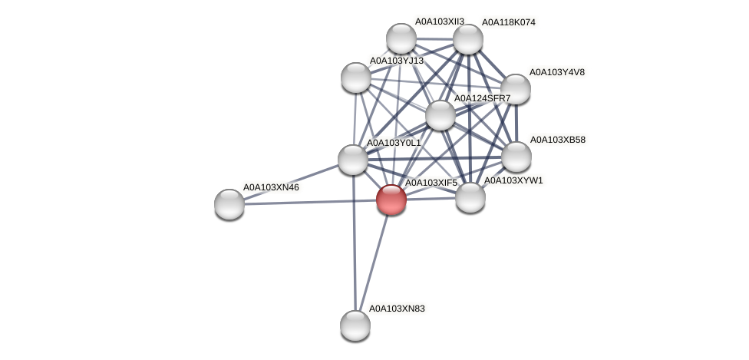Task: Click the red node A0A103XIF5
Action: point(391,200)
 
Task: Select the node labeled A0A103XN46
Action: point(229,203)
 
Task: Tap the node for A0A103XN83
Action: point(355,325)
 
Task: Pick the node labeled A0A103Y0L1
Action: point(352,159)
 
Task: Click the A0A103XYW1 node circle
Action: point(470,197)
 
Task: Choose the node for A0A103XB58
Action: point(516,157)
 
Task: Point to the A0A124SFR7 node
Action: point(440,115)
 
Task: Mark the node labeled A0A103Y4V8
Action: point(515,89)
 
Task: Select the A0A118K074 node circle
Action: point(467,39)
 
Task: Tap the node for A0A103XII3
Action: point(401,38)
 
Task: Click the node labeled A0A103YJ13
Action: point(355,77)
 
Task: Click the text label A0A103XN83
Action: point(397,309)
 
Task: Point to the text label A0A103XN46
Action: point(271,187)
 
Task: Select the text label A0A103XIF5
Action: point(431,183)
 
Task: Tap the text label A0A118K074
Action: point(508,22)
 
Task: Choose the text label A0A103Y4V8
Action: point(556,72)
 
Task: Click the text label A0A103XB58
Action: point(557,140)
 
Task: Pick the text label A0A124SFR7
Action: point(482,98)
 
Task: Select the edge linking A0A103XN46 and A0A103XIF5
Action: point(307,202)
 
